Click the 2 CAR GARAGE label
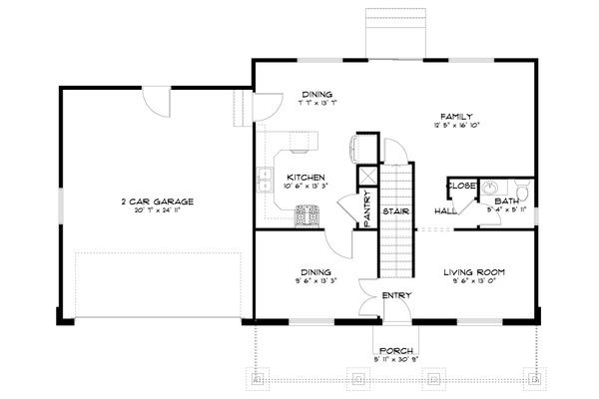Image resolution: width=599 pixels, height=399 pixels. [x=152, y=200]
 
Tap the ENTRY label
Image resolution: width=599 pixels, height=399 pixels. [x=396, y=295]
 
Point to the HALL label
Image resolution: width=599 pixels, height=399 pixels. [x=446, y=211]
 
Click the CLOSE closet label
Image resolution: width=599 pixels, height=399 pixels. [x=460, y=186]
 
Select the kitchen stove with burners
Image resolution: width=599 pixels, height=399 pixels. [x=308, y=214]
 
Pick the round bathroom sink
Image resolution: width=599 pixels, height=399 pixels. [x=491, y=187]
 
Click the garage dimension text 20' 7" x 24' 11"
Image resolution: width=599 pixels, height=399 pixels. [x=152, y=210]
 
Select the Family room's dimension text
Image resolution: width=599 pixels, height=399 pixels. [x=454, y=126]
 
